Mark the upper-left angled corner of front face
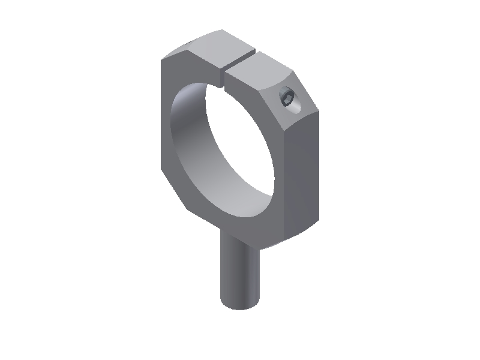pyautogui.click(x=174, y=54)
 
